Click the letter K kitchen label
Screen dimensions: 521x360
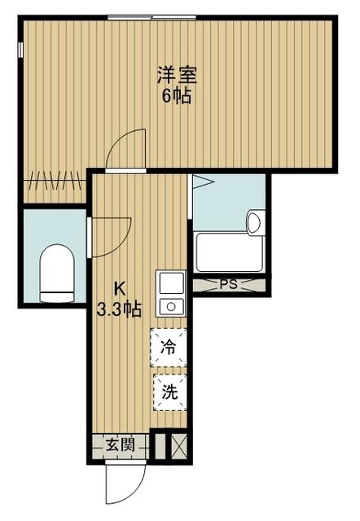click(119, 287)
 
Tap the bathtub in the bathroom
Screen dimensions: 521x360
click(229, 253)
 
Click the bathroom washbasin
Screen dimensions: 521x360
click(254, 221)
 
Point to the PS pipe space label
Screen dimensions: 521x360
click(229, 285)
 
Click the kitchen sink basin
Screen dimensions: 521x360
click(172, 284)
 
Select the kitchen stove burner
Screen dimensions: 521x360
click(172, 306)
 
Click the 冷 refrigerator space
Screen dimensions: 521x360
click(169, 348)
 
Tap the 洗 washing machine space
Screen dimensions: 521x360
click(169, 392)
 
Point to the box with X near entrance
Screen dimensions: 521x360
click(179, 446)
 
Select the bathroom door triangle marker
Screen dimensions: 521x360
click(201, 183)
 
